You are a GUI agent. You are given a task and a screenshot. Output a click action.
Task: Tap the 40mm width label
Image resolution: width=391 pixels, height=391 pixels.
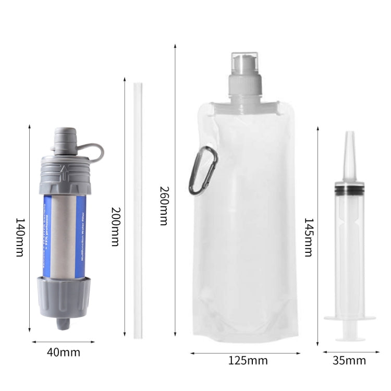point(64,352)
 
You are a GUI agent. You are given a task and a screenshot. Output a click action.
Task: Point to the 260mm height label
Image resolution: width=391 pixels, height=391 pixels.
point(164,205)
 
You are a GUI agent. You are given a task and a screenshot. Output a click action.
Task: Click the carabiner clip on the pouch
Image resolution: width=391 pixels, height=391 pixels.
point(203,170)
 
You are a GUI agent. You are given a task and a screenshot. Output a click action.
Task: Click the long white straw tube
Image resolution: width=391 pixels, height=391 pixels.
point(138,209)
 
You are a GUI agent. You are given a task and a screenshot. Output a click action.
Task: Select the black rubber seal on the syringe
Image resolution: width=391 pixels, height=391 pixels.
point(349,190)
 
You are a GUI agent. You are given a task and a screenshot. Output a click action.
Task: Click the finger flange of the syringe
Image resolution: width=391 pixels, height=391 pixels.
point(349,317)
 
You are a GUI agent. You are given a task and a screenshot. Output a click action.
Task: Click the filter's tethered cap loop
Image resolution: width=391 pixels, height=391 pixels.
point(94,151)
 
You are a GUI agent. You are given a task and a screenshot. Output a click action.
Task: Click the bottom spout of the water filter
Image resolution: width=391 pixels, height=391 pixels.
point(64,323)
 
